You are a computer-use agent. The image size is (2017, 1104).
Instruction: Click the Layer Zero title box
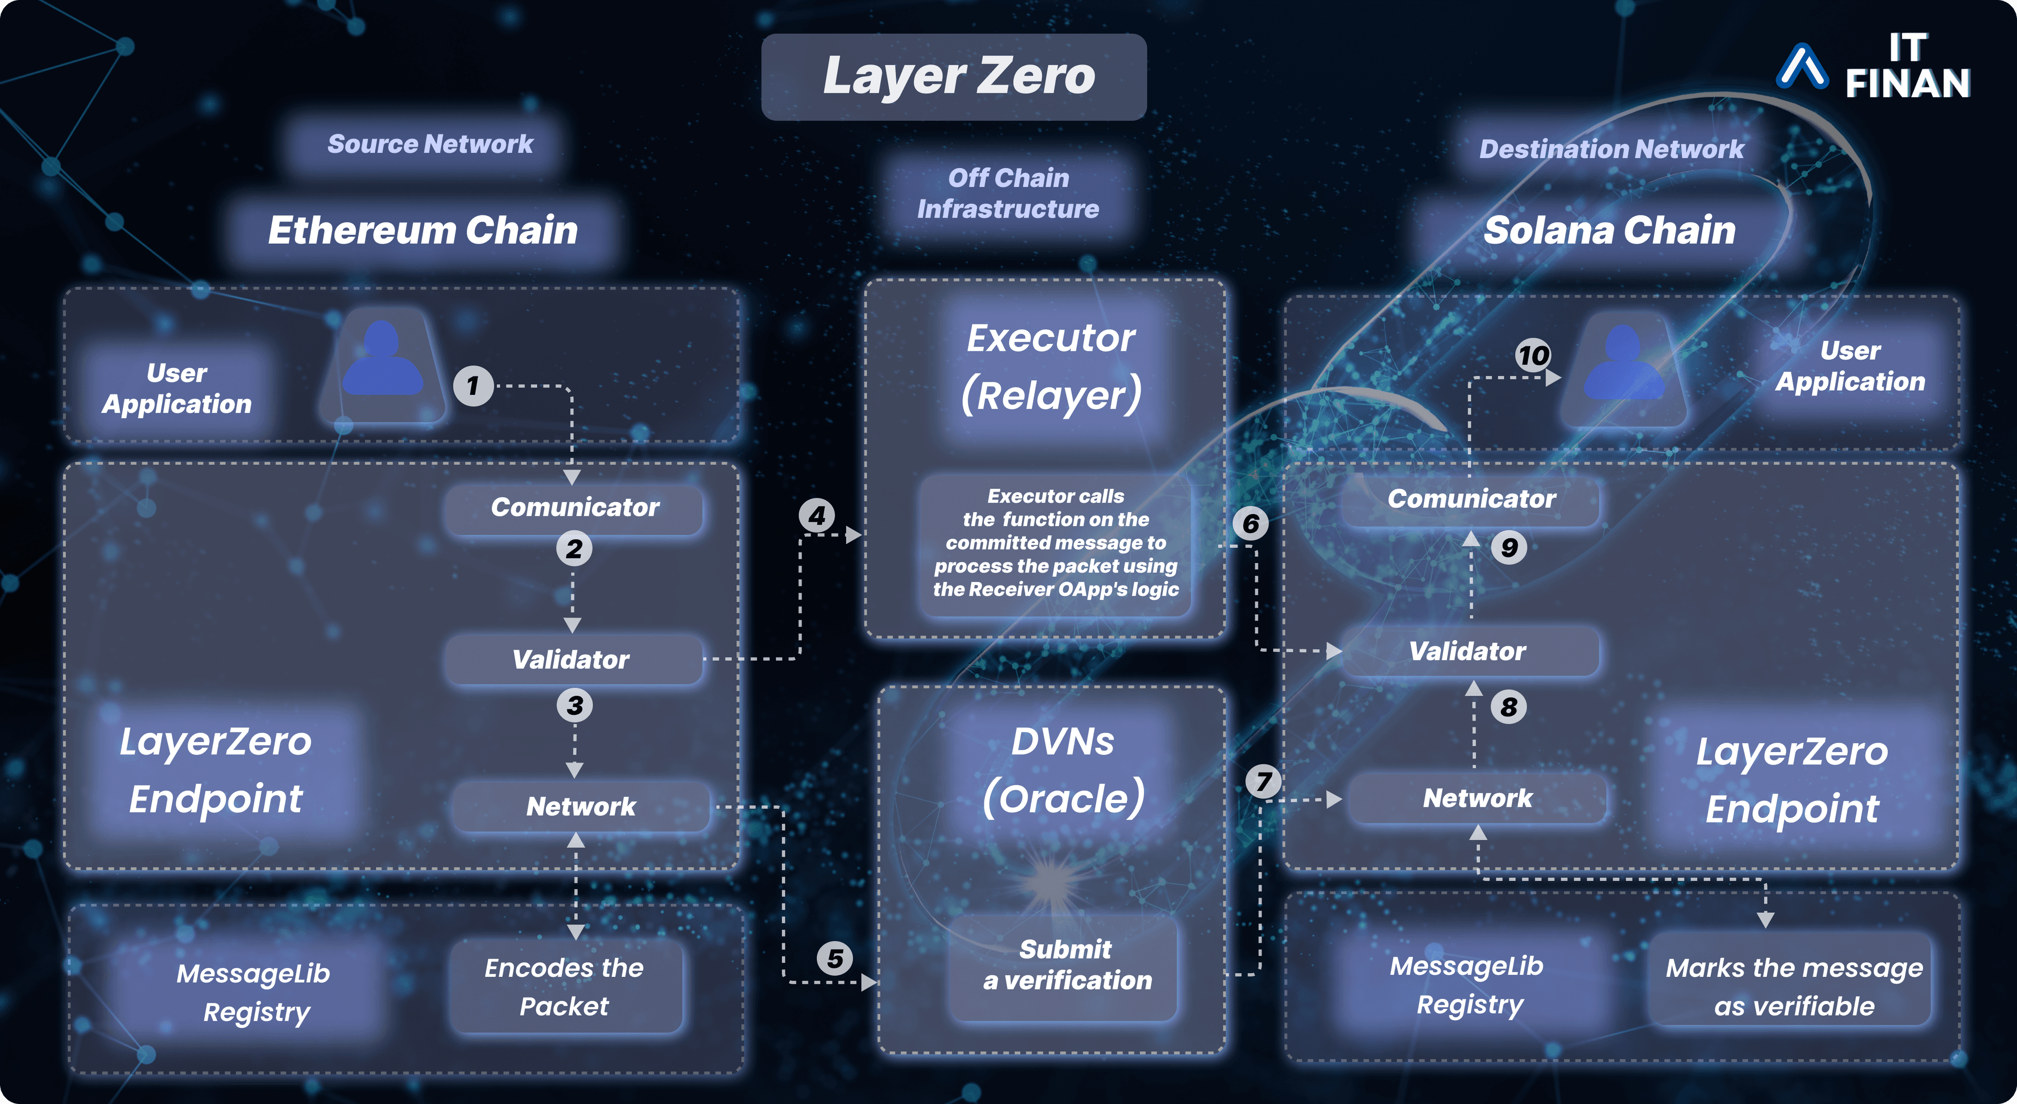[954, 77]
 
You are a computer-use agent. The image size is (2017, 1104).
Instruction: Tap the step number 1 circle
[473, 386]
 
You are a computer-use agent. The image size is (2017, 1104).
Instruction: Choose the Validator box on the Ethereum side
[573, 659]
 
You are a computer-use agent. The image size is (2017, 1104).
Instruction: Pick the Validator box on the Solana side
[1469, 651]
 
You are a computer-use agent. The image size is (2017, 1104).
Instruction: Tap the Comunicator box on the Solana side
[1471, 499]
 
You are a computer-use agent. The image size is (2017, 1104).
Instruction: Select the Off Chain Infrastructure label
[1008, 193]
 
